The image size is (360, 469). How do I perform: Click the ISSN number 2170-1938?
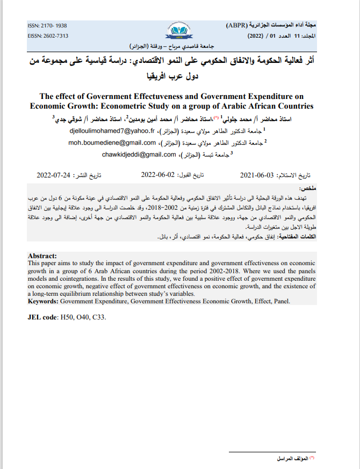pos(47,25)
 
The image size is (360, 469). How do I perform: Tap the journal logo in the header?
pos(178,31)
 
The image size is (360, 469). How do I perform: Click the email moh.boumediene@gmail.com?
pos(112,143)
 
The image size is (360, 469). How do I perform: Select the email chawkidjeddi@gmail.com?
pos(139,154)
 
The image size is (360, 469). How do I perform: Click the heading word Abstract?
pos(42,256)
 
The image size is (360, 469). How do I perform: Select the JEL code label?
pos(42,317)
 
